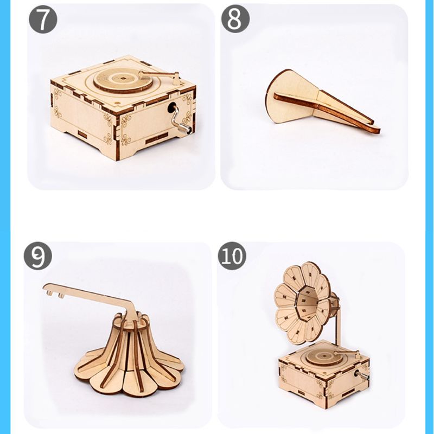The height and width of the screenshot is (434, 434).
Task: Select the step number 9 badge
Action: pos(37,256)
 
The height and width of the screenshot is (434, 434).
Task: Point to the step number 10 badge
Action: pos(232,256)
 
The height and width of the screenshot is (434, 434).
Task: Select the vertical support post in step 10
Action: pos(338,325)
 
